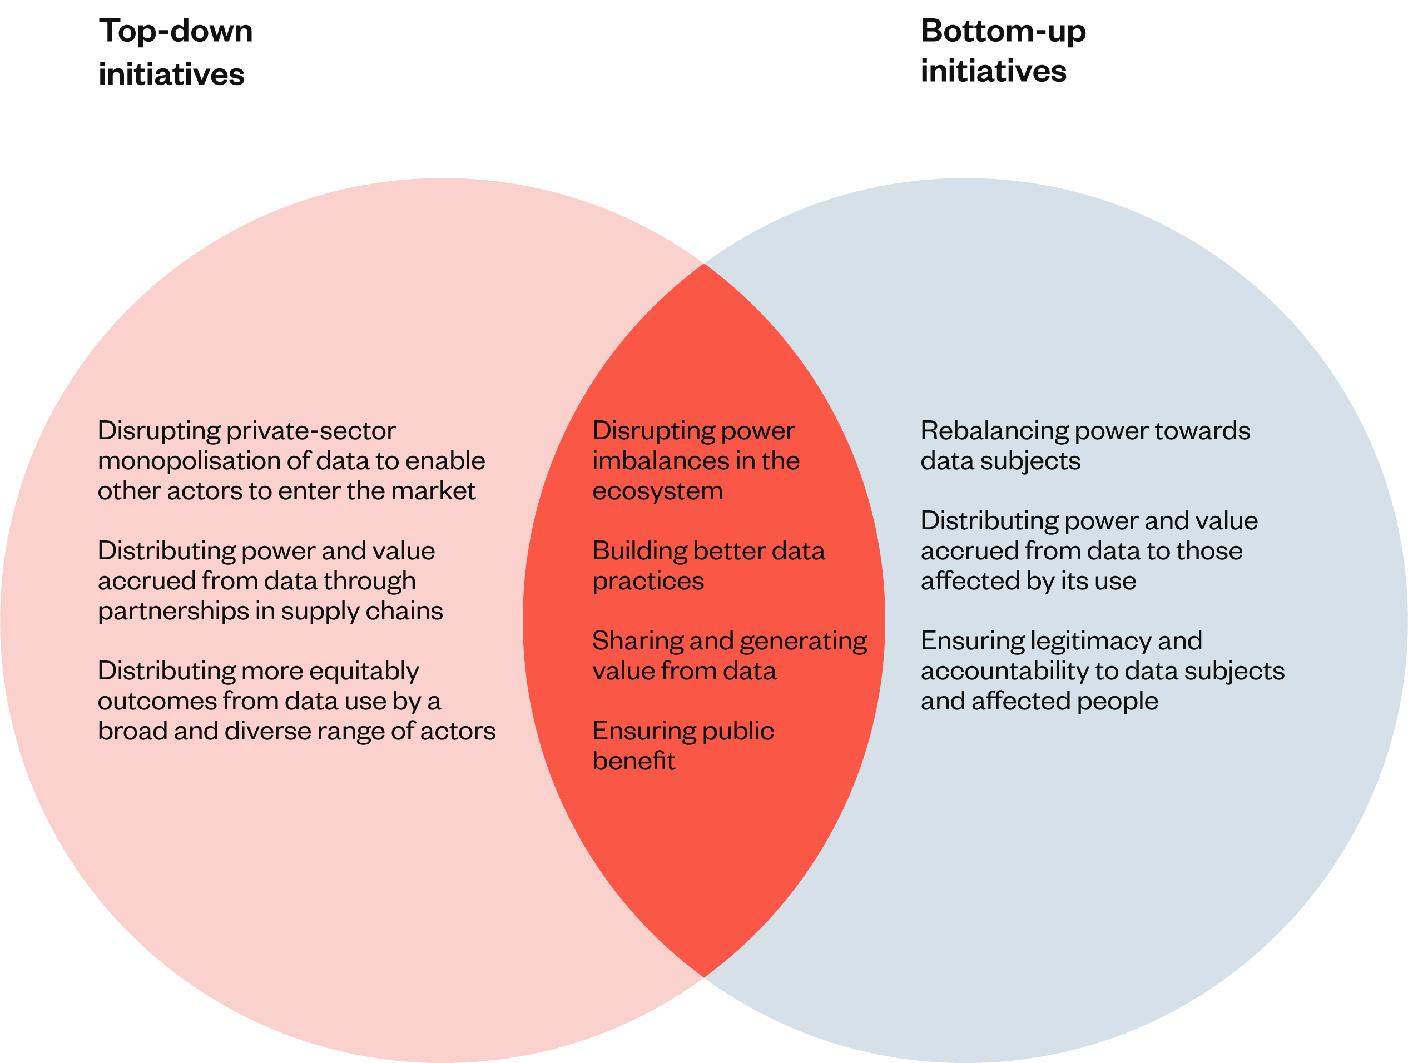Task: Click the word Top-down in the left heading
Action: [176, 31]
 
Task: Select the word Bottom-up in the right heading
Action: [1003, 31]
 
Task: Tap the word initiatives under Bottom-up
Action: [993, 71]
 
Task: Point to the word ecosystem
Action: [657, 491]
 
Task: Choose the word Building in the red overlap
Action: [638, 551]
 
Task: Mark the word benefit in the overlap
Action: [633, 761]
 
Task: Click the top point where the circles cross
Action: [703, 263]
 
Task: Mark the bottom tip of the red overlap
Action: [703, 977]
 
